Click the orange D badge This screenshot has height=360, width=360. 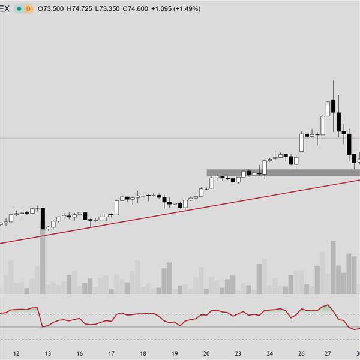28,9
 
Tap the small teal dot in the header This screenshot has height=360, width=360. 19,9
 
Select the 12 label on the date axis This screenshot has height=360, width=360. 16,353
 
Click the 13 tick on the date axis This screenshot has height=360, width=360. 47,353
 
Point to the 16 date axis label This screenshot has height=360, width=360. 79,353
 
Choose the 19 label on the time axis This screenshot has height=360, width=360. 175,353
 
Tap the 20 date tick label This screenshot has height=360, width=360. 206,353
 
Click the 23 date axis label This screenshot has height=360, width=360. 238,353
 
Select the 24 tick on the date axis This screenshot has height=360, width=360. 270,353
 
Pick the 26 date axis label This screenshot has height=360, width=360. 301,353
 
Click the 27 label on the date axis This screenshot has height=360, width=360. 328,353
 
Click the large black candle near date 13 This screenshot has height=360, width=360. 43,218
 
